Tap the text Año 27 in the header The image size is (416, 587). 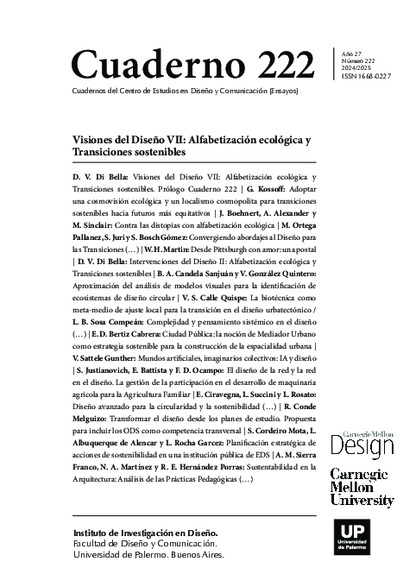pos(353,54)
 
